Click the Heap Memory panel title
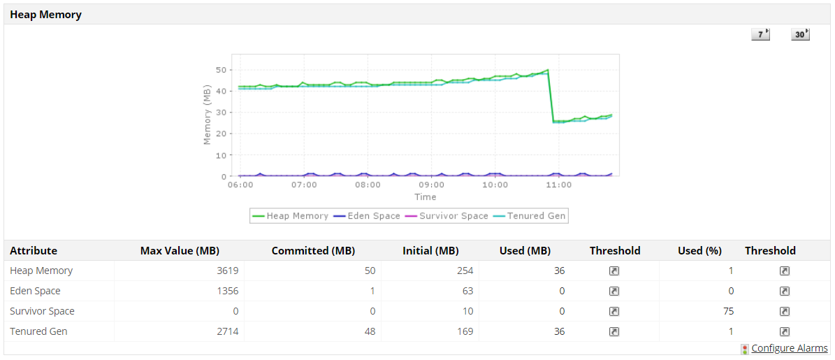(x=45, y=15)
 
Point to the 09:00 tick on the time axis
(x=431, y=185)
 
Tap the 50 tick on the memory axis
(x=222, y=70)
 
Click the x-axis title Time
(x=425, y=197)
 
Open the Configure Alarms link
(x=789, y=348)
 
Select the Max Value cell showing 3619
(x=228, y=271)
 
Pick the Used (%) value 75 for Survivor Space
(x=728, y=311)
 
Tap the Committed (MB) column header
(x=313, y=250)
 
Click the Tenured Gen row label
(x=38, y=331)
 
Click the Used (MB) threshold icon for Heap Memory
(x=614, y=271)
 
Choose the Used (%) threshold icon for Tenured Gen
(x=785, y=331)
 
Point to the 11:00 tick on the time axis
(x=558, y=185)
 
